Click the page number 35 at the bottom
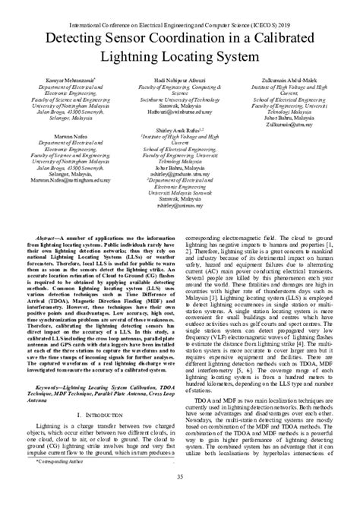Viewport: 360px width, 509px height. click(x=180, y=476)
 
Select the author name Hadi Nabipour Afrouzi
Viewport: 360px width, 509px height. click(x=179, y=79)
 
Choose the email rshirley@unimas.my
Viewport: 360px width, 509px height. click(x=180, y=204)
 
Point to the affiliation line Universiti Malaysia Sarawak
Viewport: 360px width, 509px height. click(x=180, y=191)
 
